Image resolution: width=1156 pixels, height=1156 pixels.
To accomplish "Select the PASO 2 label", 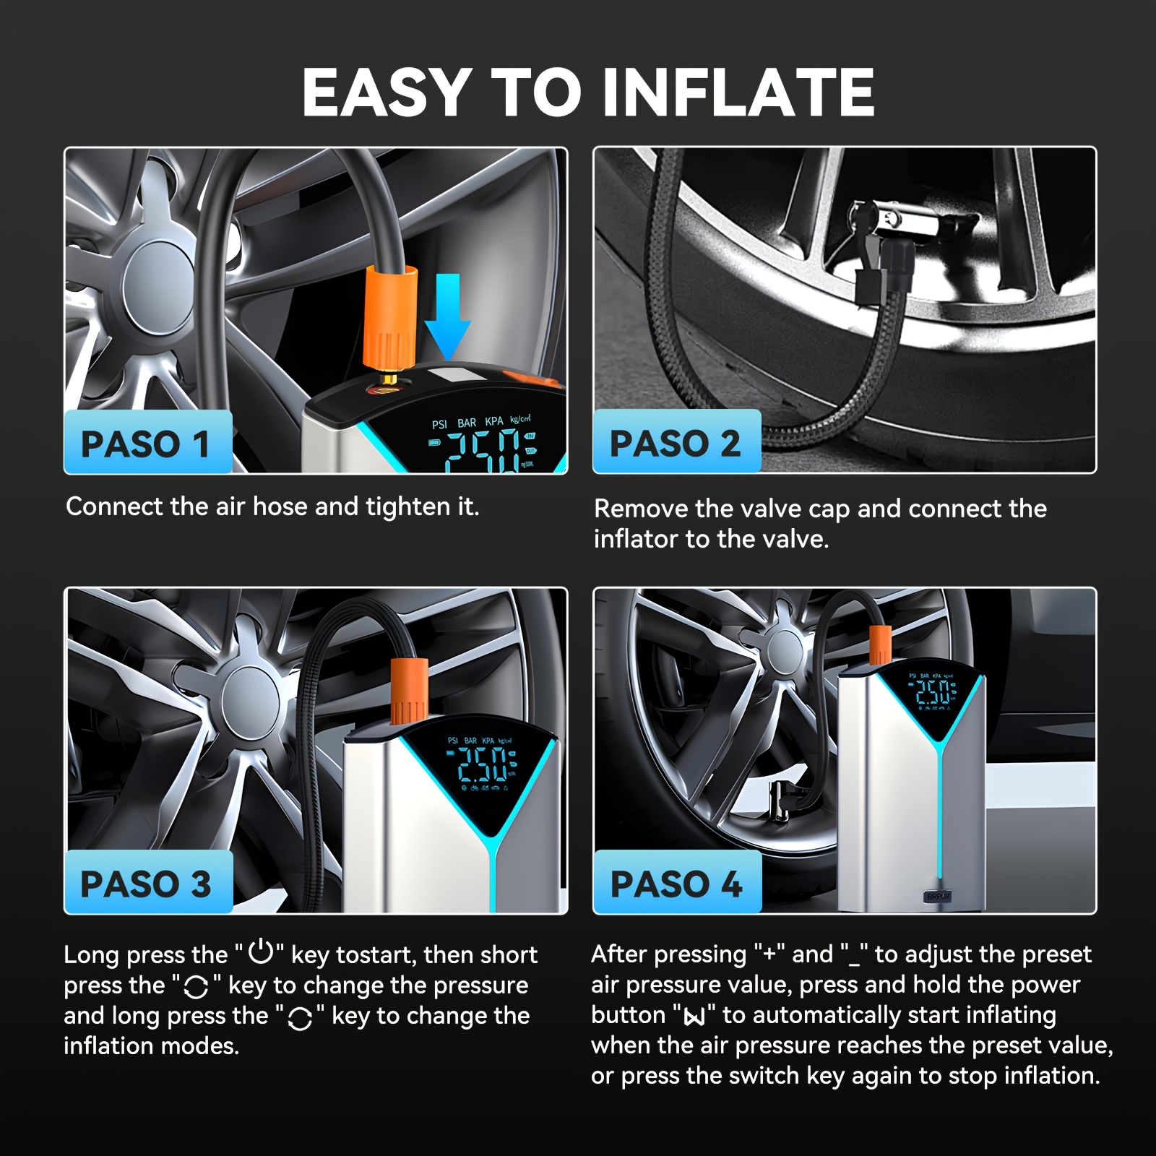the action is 676,442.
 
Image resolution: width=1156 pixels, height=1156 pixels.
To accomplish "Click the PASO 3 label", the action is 147,883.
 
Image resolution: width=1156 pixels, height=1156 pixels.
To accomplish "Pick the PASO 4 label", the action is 677,883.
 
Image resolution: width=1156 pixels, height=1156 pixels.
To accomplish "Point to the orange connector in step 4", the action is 880,644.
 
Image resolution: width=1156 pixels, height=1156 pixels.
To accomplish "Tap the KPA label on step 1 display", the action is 494,421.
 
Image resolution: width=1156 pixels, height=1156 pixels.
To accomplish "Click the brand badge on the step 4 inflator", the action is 938,896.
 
